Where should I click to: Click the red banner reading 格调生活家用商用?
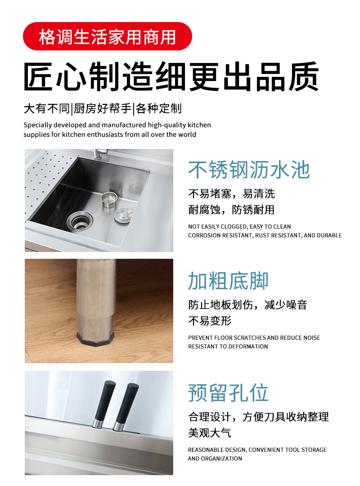pos(107,36)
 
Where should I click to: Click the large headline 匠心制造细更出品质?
pos(171,76)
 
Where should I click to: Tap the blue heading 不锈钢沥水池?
pos(249,170)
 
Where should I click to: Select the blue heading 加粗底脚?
pos(228,281)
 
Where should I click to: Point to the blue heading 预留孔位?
pos(228,393)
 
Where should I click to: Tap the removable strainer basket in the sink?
pos(109,200)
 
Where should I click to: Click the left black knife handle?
pos(104,404)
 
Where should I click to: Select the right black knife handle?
pos(126,407)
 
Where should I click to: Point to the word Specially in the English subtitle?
pos(37,125)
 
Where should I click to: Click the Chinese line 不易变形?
pos(210,321)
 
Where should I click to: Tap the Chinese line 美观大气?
pos(210,433)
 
